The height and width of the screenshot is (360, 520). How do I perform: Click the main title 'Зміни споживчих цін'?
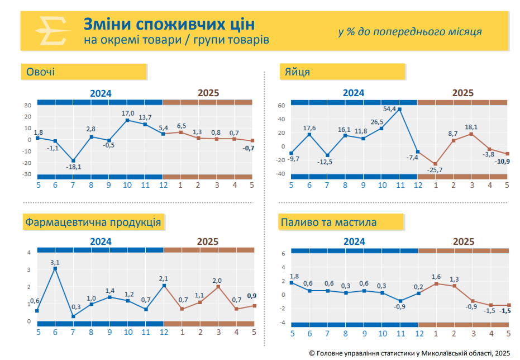169,24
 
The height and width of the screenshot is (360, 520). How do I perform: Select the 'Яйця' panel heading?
298,72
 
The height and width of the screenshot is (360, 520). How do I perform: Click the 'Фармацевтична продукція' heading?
93,222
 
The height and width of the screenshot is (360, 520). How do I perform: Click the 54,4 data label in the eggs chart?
389,109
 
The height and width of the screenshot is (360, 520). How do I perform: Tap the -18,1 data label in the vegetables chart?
73,167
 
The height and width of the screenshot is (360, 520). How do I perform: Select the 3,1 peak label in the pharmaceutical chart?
55,262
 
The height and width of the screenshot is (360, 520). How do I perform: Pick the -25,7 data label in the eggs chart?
435,170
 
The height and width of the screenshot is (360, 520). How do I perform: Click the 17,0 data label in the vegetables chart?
128,113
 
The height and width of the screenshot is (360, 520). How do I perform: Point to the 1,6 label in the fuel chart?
436,277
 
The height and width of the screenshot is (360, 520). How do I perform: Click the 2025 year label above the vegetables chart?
208,93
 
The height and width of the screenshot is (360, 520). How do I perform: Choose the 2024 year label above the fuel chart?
354,242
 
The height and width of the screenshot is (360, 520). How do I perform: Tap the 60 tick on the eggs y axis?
282,105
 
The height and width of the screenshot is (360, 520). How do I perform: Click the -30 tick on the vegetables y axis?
26,174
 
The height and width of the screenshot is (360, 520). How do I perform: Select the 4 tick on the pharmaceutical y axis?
29,253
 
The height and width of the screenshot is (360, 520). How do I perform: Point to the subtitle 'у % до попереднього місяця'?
409,32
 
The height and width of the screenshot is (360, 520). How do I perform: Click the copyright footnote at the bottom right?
409,353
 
